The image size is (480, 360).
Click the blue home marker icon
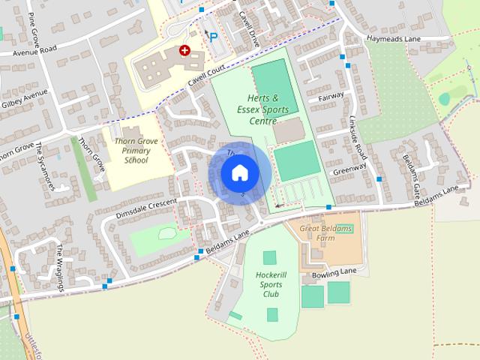[x=239, y=172]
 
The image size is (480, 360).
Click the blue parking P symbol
[x=214, y=37]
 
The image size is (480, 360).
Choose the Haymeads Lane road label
[x=391, y=38]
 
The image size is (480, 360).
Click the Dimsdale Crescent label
[x=147, y=209]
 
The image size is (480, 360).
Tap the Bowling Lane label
[x=334, y=275]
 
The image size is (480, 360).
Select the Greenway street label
[x=349, y=169]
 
